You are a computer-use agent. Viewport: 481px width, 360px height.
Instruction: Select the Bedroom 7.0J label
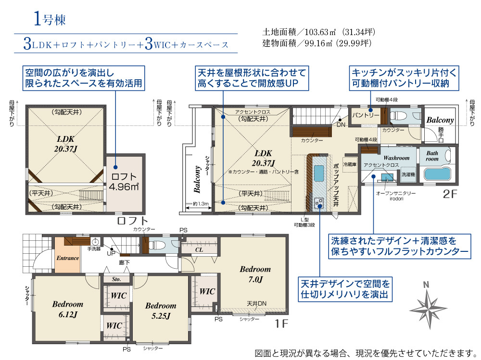click(255, 273)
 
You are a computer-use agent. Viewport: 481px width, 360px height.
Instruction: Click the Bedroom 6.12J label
click(67, 309)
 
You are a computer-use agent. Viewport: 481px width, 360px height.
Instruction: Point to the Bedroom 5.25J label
click(161, 310)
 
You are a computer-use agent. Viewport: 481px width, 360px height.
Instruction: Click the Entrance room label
click(67, 258)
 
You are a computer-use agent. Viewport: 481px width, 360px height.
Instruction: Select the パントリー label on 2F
click(366, 116)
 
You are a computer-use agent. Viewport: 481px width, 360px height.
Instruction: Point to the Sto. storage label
click(116, 279)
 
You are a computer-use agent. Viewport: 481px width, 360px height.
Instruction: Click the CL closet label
click(198, 249)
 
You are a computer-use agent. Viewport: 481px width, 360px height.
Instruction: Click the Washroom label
click(396, 158)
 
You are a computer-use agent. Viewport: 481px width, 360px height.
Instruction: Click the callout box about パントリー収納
click(404, 78)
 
